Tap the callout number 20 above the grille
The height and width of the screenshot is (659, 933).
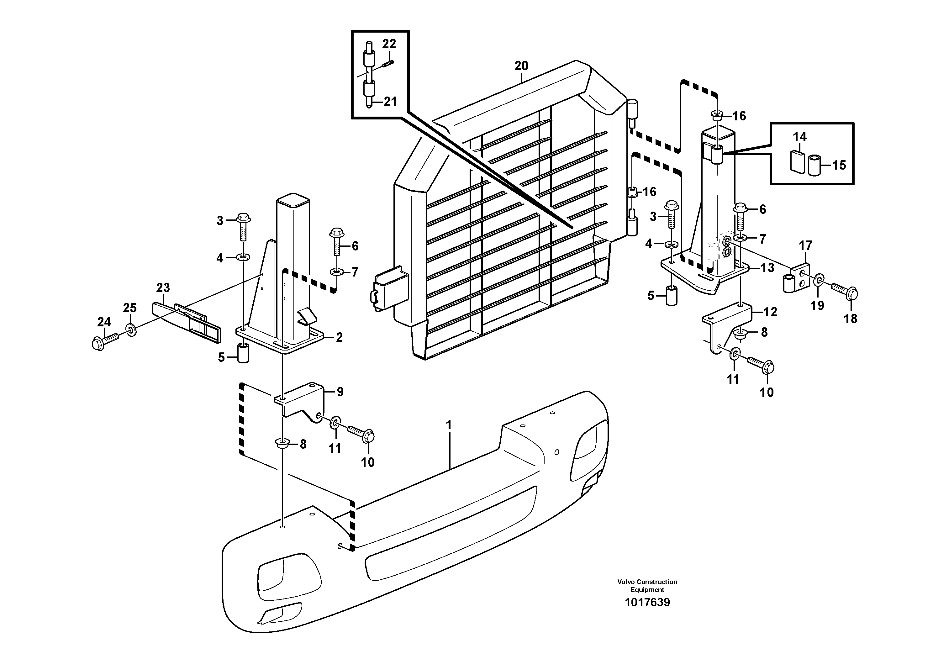(x=521, y=66)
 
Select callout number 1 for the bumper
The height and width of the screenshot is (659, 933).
(x=449, y=425)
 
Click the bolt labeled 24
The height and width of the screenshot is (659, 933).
(x=104, y=341)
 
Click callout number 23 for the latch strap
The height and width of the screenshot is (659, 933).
(x=163, y=288)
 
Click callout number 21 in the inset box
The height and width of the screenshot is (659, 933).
(x=390, y=102)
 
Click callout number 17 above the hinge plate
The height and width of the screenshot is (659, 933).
(x=805, y=246)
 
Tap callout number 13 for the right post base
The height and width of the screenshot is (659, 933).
(x=767, y=268)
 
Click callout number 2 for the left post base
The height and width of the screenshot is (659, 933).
(x=339, y=337)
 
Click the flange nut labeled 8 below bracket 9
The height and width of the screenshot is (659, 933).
(x=281, y=443)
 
